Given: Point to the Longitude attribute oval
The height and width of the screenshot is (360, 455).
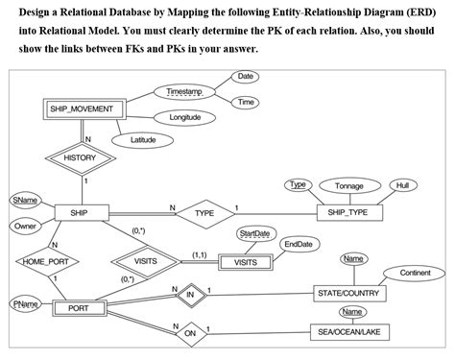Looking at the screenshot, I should point(184,117).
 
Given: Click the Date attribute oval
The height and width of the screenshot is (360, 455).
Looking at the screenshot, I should point(246,76).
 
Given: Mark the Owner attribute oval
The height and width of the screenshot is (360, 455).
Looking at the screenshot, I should point(25,226).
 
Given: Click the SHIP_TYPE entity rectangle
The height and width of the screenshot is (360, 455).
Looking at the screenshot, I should point(347,212).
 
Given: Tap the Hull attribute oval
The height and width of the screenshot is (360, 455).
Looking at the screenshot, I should point(400,184).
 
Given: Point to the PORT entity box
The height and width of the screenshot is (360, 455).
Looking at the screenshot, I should point(79,308).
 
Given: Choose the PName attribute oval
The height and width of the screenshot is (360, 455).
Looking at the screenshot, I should point(24,303).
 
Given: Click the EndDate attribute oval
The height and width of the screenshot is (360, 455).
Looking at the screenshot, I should point(298,245).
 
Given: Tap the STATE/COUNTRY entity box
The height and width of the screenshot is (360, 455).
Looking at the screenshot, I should point(347,292).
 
